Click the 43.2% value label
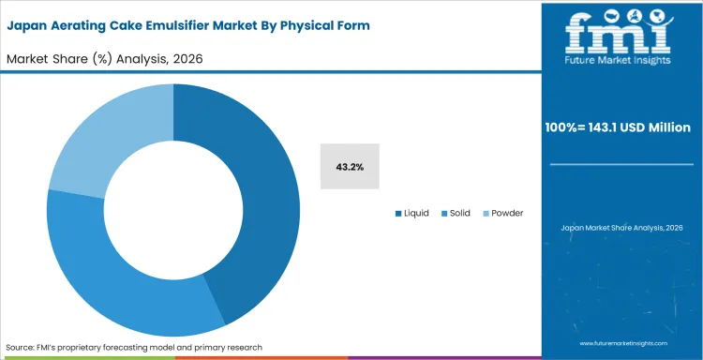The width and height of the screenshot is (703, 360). coord(350,167)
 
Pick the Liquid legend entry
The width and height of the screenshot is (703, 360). coord(411,213)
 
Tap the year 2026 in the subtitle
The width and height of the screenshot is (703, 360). coord(186,59)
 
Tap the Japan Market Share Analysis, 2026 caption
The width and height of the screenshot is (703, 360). coord(621,227)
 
